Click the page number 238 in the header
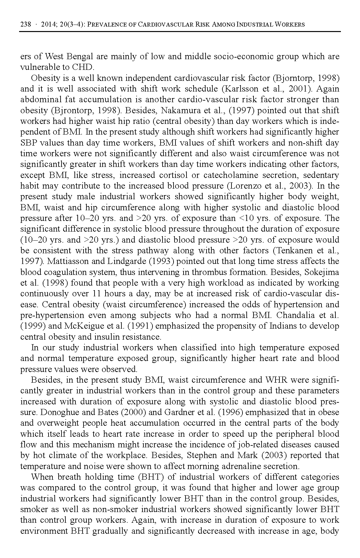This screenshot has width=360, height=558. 26,25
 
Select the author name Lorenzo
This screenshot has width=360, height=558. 246,186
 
